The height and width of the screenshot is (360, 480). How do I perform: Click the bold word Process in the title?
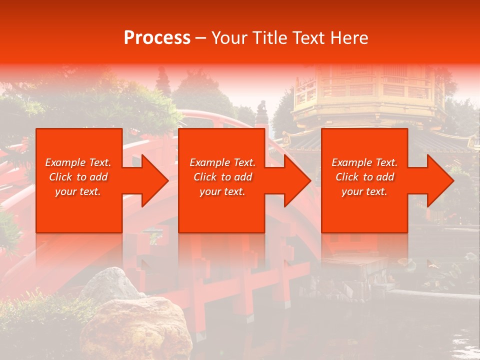tap(157, 38)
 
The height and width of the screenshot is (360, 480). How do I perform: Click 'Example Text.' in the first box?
tap(78, 162)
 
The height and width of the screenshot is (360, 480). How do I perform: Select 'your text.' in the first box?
tap(78, 191)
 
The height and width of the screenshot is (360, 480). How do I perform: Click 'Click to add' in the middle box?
tap(222, 177)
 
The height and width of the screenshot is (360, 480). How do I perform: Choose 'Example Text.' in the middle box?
tap(222, 162)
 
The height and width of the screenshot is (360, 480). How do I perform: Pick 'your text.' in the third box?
tap(364, 191)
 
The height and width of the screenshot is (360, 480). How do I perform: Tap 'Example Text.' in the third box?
tap(364, 162)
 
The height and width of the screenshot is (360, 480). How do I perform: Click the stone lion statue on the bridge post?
tap(261, 107)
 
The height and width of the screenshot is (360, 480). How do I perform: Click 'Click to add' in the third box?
tap(364, 177)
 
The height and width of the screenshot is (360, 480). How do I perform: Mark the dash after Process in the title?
tap(200, 38)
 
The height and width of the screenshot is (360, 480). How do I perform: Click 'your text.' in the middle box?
tap(222, 191)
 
